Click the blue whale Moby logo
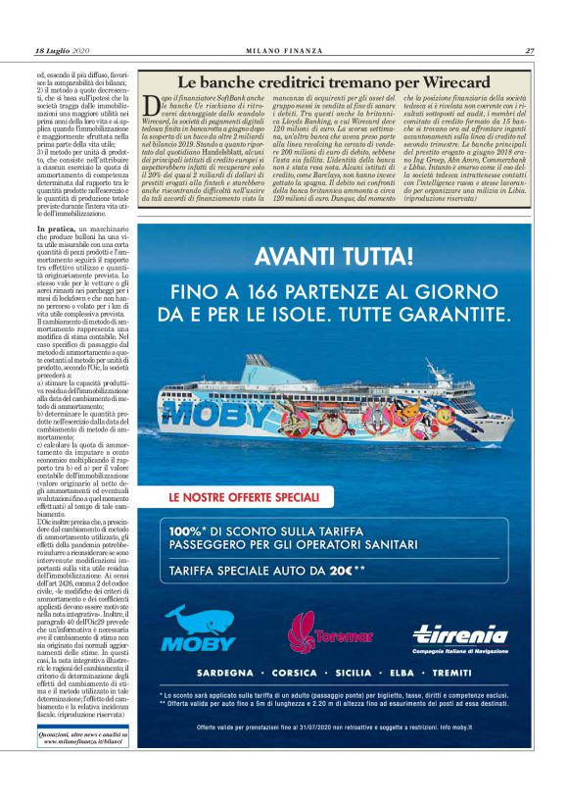(x=198, y=629)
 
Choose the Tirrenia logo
(x=459, y=634)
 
